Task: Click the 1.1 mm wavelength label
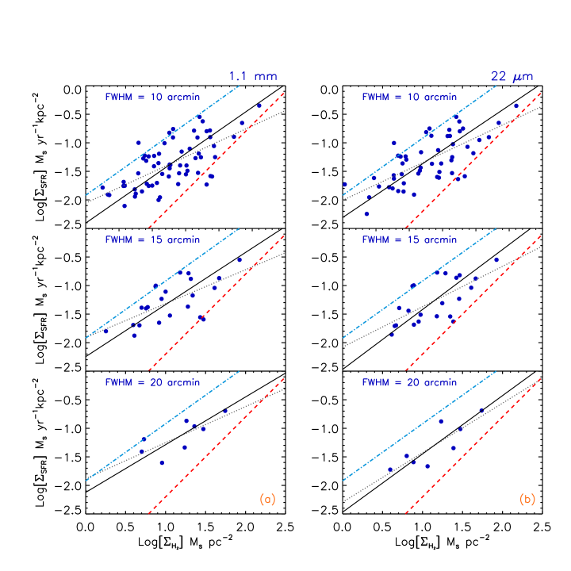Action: [253, 77]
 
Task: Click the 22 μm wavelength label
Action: [512, 77]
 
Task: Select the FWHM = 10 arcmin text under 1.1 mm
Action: [152, 97]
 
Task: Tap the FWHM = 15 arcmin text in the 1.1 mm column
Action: [152, 240]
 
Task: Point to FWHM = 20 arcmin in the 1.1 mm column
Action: [152, 382]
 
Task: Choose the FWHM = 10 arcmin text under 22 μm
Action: [409, 97]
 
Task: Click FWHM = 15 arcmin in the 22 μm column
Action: [409, 240]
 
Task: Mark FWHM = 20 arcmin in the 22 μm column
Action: [409, 382]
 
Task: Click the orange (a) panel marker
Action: [267, 500]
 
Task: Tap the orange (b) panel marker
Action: [527, 500]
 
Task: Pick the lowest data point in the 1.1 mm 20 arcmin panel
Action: [162, 462]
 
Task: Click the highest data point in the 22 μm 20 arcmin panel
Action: [481, 411]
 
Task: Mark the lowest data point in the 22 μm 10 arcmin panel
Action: [366, 213]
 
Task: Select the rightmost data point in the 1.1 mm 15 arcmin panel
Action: [240, 259]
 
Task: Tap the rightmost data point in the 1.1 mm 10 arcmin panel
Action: [259, 105]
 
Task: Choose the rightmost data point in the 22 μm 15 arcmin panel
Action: [496, 259]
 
